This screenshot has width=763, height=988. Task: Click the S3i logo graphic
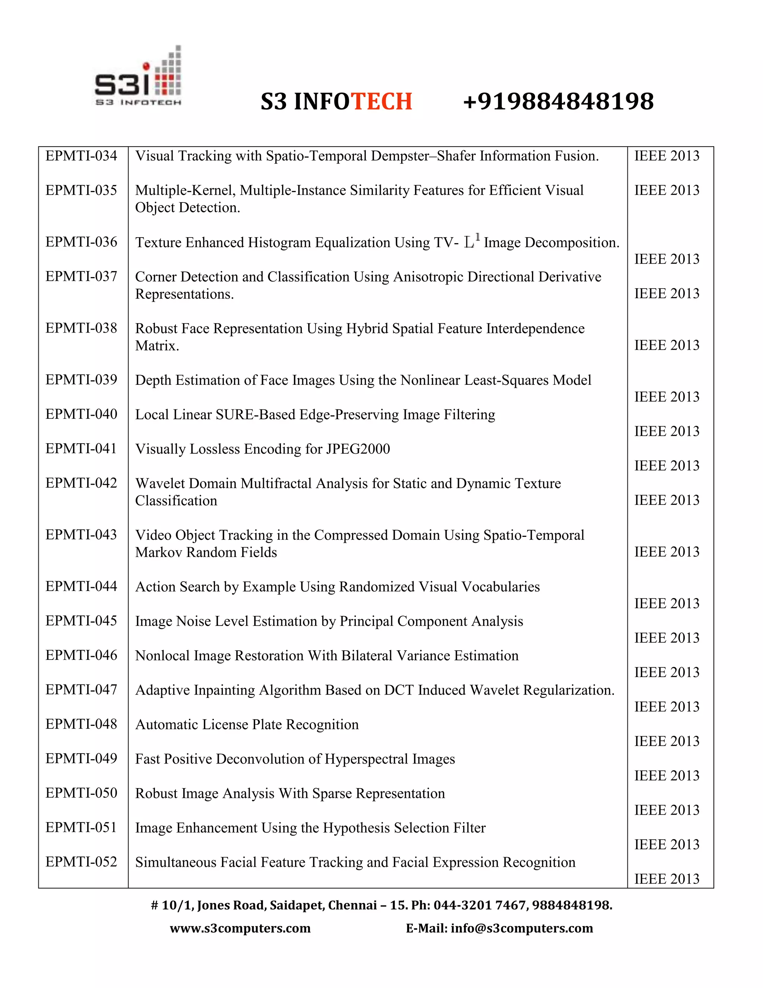coord(138,77)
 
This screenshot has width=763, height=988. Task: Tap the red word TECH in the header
coord(381,101)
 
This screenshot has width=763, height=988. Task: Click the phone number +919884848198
coord(558,101)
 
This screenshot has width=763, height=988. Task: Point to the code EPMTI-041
coord(81,449)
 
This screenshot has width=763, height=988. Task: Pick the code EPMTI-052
coord(81,862)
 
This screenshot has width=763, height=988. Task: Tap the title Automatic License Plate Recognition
coord(247,725)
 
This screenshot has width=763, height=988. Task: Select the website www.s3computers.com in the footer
coord(240,928)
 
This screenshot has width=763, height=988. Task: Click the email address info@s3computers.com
coord(522,928)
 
